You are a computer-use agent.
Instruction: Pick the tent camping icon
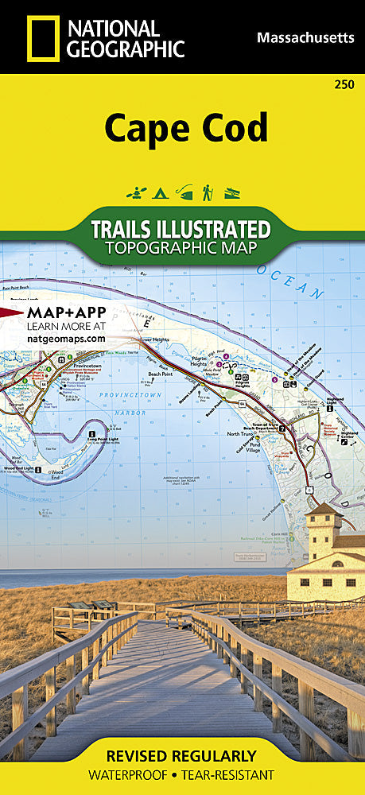click(x=159, y=192)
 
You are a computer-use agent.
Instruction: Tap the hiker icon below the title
click(x=207, y=192)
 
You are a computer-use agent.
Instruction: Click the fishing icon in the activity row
click(x=184, y=192)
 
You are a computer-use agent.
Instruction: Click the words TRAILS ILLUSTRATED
click(x=181, y=229)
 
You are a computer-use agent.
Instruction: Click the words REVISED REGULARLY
click(x=181, y=756)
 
